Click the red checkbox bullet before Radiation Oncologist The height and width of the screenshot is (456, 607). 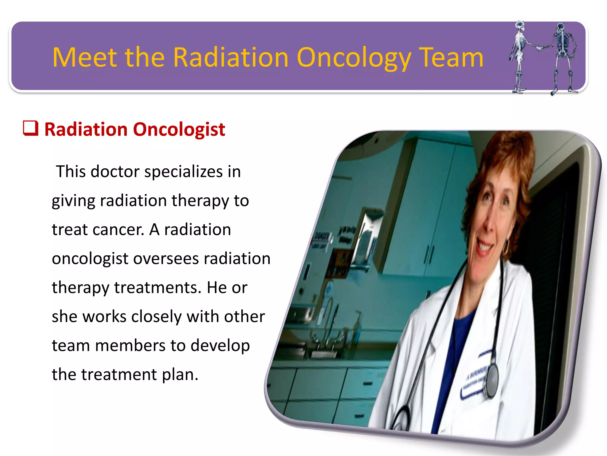pos(31,128)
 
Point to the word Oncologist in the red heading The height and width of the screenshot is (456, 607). pos(179,130)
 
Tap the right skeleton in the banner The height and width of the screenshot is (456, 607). pos(562,58)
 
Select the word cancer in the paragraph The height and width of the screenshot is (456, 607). pos(119,230)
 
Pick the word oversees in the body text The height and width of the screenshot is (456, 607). pos(166,259)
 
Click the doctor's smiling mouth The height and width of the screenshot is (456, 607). pos(485,246)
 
